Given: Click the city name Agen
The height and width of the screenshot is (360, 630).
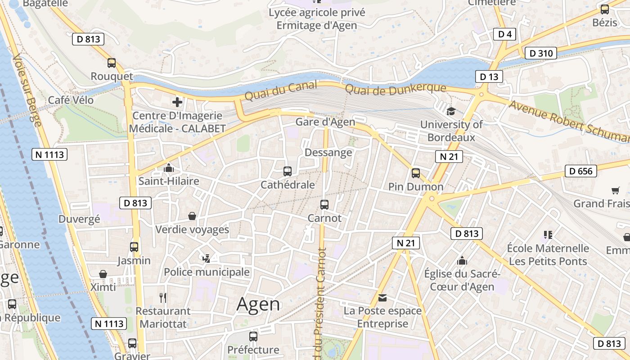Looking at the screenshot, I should tap(258, 305).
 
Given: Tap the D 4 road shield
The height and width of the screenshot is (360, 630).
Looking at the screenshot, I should tap(504, 34).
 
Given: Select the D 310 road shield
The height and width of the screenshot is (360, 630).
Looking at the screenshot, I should tap(540, 53).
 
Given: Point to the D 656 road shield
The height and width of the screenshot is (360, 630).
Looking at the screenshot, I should tap(580, 171).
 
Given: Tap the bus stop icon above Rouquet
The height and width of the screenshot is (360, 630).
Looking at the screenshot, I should tap(112, 63).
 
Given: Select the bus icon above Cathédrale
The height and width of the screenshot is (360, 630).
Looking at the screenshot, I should tap(288, 171).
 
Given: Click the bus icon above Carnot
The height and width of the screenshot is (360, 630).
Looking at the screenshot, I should tap(324, 205).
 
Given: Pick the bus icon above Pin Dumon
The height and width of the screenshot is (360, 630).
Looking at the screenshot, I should tap(416, 173).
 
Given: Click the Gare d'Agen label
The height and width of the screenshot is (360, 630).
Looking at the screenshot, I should tap(325, 122).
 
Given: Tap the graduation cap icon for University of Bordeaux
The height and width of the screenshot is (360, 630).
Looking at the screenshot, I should tap(450, 111).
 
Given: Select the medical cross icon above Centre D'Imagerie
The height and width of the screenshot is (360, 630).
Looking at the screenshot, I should tap(177, 102).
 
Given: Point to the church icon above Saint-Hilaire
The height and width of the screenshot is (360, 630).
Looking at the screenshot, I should tap(169, 168).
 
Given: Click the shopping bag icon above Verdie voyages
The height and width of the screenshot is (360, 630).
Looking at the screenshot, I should tap(192, 216).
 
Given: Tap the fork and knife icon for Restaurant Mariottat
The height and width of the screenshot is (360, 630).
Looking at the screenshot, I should tap(163, 297).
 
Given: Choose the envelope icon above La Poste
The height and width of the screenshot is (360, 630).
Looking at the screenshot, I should tap(382, 297).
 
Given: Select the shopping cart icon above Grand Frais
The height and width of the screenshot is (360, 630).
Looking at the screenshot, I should tap(615, 190).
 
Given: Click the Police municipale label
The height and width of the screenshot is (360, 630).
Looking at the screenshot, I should tap(207, 272).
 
